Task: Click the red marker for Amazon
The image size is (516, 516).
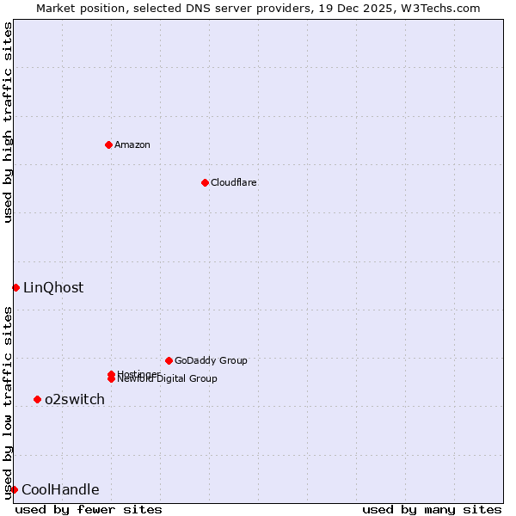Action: tap(108, 144)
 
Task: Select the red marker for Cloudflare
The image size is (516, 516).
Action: tap(205, 182)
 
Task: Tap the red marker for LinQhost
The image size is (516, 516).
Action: tap(15, 287)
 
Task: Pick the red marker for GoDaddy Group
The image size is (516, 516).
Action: tap(169, 360)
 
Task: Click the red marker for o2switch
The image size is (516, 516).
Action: tap(37, 399)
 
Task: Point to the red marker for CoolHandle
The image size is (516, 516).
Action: tap(14, 489)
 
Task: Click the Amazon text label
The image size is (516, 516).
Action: tap(132, 144)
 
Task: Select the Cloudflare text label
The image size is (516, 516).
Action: tap(233, 182)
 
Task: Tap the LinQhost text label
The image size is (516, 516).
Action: tap(53, 288)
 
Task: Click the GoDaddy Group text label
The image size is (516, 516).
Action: tap(211, 360)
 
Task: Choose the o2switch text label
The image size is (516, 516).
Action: tap(75, 400)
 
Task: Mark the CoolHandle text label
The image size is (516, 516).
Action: tap(60, 490)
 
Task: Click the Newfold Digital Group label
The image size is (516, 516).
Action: tap(168, 379)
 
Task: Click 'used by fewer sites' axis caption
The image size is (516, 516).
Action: tap(89, 509)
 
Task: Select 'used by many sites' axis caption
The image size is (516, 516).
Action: tap(432, 509)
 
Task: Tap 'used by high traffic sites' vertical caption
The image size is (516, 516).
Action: tap(8, 123)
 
